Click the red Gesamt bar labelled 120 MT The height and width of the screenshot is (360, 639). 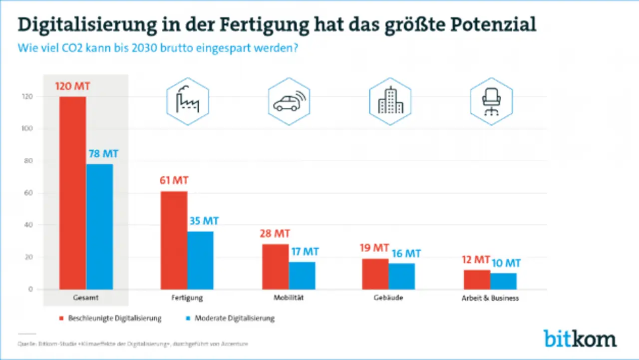pyautogui.click(x=72, y=193)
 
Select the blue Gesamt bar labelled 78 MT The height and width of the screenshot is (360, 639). pyautogui.click(x=99, y=227)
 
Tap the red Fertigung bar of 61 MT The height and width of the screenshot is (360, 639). pyautogui.click(x=174, y=240)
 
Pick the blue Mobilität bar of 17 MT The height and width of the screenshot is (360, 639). pyautogui.click(x=302, y=276)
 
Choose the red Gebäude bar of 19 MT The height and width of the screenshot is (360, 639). pyautogui.click(x=375, y=274)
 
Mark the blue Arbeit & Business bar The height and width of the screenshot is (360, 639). pyautogui.click(x=503, y=281)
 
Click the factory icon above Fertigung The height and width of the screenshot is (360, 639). pyautogui.click(x=187, y=101)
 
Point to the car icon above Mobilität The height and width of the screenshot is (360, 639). pyautogui.click(x=289, y=101)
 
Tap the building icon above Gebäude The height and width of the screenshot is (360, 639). pyautogui.click(x=390, y=101)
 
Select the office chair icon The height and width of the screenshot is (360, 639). pyautogui.click(x=491, y=101)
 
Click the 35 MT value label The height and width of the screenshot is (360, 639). pyautogui.click(x=203, y=220)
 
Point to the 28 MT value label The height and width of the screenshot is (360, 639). pyautogui.click(x=274, y=234)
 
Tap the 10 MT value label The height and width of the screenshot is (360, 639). pyautogui.click(x=506, y=263)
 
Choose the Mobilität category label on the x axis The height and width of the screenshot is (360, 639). pyautogui.click(x=289, y=298)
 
